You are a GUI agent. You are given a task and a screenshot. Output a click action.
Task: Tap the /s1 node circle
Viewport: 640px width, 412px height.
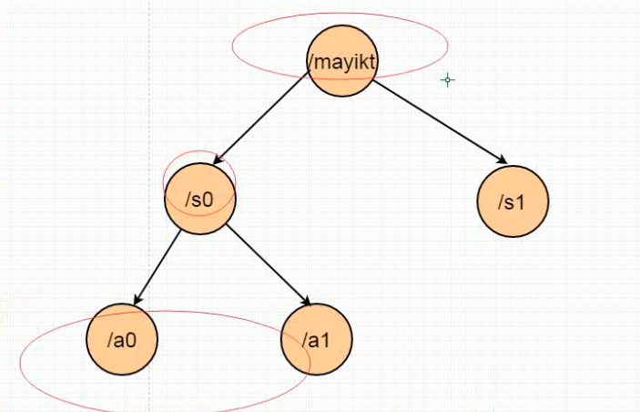[513, 201]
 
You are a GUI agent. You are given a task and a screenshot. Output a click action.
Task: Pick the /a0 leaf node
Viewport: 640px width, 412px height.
[122, 339]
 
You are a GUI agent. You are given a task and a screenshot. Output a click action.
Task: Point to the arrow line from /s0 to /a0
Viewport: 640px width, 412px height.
[158, 265]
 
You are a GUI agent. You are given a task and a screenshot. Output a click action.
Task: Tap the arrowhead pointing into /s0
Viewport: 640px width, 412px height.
[221, 160]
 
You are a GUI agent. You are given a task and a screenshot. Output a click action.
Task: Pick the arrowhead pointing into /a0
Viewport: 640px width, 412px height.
[137, 300]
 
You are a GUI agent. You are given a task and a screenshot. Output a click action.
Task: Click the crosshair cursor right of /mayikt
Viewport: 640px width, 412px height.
[447, 80]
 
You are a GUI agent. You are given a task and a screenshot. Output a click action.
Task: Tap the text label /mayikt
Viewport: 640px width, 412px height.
[341, 62]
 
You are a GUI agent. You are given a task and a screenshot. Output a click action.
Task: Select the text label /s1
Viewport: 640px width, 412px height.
[512, 201]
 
